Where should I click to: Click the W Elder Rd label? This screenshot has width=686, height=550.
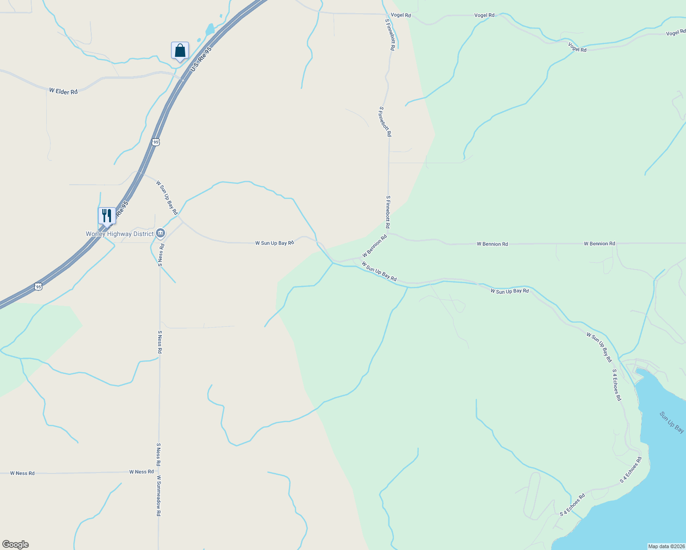(x=63, y=92)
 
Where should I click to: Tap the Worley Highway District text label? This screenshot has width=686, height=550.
(x=120, y=234)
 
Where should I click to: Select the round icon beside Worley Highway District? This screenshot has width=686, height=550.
(x=160, y=233)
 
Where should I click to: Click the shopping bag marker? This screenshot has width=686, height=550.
(x=180, y=50)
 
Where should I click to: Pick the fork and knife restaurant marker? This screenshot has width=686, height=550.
(x=107, y=215)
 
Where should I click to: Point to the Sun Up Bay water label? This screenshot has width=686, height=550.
(x=672, y=422)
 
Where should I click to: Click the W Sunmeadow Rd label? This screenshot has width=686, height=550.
(x=159, y=496)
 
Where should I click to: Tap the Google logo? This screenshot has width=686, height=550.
(x=16, y=544)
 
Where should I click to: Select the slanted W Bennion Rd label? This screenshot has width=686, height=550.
(x=375, y=246)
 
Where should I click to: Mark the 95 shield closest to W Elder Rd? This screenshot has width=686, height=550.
(x=156, y=142)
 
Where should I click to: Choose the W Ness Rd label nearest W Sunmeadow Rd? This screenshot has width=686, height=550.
(x=141, y=472)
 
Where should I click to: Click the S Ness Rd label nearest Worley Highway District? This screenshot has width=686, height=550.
(x=160, y=255)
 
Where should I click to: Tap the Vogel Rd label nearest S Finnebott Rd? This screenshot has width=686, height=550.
(x=401, y=15)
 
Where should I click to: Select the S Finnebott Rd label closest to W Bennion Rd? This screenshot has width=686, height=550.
(x=388, y=212)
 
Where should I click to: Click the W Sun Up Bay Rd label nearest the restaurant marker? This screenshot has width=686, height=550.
(x=167, y=198)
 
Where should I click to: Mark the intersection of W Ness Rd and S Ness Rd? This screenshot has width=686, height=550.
(x=159, y=472)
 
